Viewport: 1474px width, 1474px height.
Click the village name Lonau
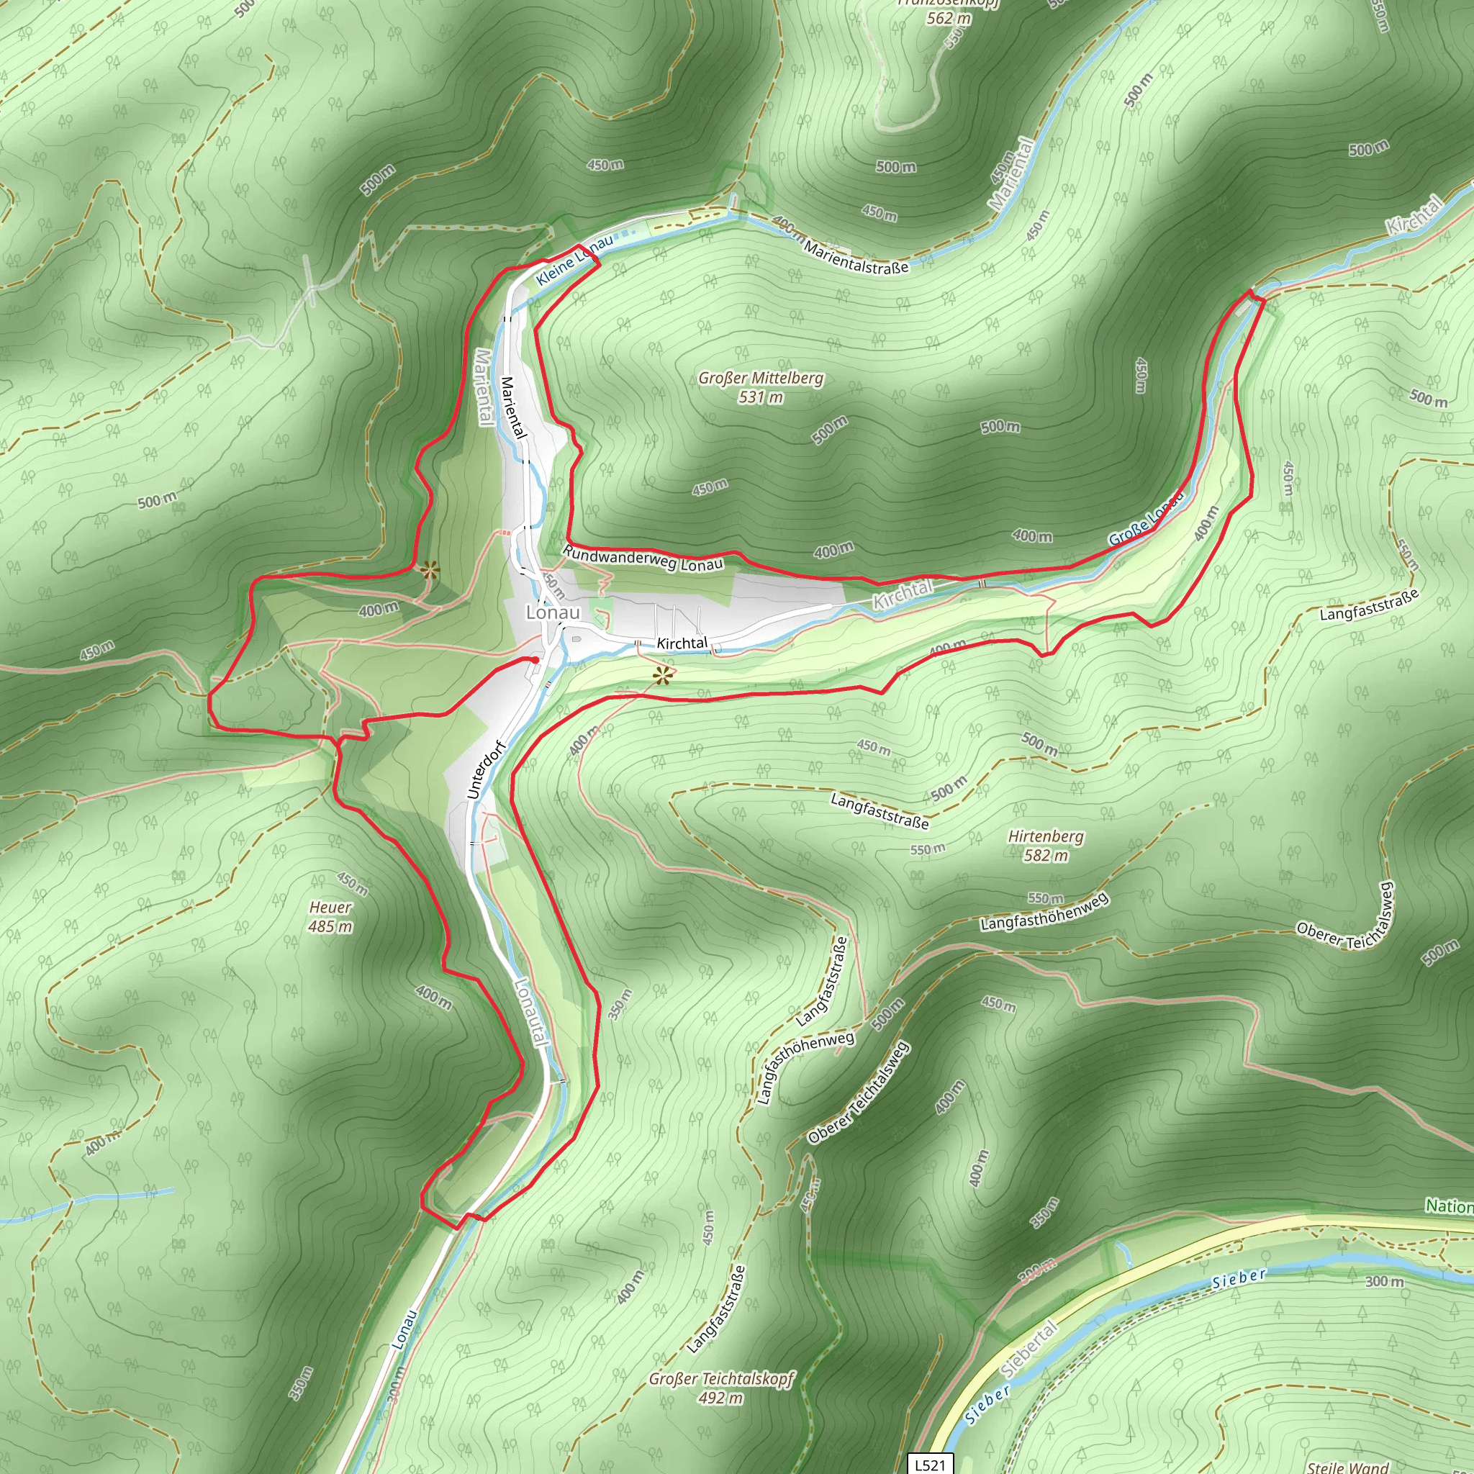[x=552, y=612]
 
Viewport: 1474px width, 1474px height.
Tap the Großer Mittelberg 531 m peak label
[x=761, y=386]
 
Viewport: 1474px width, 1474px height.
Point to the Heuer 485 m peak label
[x=330, y=916]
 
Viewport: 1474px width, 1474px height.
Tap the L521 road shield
[x=930, y=1464]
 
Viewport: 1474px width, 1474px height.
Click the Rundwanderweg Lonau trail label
[x=643, y=559]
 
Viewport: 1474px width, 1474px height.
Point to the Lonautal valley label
[x=531, y=1013]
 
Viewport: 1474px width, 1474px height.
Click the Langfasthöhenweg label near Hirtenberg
[x=1044, y=913]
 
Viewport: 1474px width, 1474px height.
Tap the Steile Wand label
[x=1347, y=1466]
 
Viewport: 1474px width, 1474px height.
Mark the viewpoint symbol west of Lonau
[x=430, y=569]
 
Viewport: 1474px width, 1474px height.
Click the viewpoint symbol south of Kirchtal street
[x=662, y=674]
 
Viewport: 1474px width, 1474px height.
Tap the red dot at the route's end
[x=535, y=660]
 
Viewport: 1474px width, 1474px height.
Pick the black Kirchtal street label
[x=682, y=643]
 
